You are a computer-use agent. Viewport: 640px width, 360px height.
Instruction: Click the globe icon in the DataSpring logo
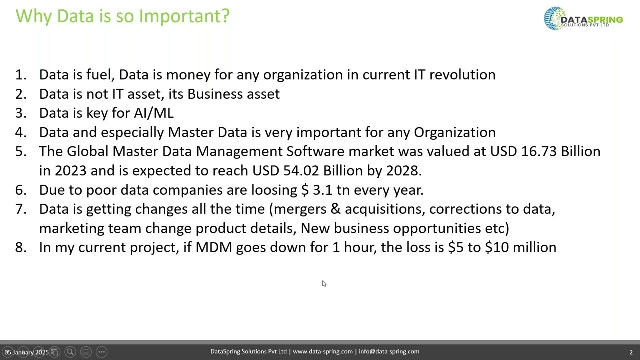(x=554, y=18)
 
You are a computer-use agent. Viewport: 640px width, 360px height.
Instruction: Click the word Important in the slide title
(x=184, y=16)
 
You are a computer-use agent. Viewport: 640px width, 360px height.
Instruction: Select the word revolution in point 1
(x=462, y=75)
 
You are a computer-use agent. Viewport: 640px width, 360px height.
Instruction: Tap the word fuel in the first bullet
(x=100, y=75)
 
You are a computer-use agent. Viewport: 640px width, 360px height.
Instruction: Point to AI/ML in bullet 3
(x=154, y=113)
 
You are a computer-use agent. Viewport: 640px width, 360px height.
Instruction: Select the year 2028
(x=403, y=171)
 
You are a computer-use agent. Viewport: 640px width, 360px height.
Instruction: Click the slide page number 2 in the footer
(x=631, y=352)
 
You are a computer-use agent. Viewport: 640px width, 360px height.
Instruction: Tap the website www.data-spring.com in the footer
(x=323, y=352)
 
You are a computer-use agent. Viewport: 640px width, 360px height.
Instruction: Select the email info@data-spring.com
(x=389, y=352)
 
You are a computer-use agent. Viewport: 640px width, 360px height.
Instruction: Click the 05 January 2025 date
(x=27, y=352)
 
